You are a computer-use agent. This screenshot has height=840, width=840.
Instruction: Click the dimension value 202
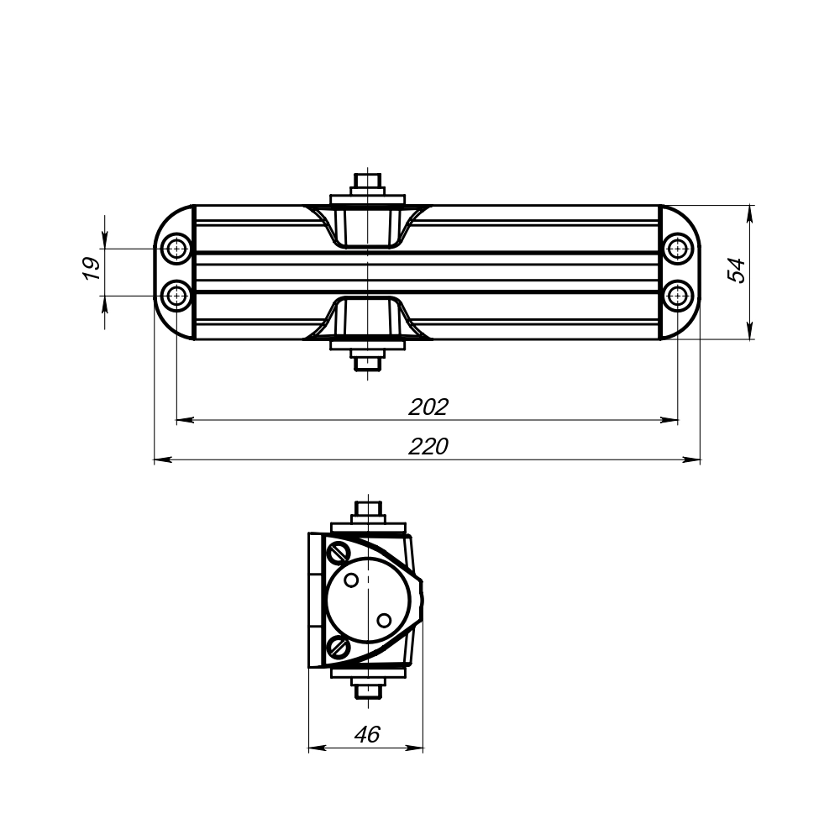[428, 407]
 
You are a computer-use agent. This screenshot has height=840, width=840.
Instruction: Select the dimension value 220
[428, 447]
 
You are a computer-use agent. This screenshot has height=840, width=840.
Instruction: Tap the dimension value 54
[736, 270]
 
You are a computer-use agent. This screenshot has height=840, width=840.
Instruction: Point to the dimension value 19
[92, 269]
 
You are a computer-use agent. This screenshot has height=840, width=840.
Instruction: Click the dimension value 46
[367, 734]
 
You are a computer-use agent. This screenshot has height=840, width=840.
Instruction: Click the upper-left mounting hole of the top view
[176, 249]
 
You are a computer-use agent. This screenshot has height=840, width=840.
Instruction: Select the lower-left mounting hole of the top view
[176, 296]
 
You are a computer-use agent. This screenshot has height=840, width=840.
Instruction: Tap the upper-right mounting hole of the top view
[677, 249]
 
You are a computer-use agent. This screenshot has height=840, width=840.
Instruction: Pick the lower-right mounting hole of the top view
[677, 296]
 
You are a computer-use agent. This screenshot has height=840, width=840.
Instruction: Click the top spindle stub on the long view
[368, 181]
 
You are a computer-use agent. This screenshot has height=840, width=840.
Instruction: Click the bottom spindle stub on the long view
[368, 363]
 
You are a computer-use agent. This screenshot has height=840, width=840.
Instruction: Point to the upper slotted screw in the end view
[340, 552]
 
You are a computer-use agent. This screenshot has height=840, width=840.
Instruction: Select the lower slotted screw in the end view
[340, 646]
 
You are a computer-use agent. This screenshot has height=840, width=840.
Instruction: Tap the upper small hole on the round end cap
[353, 579]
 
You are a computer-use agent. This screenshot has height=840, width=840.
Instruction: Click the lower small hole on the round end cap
[384, 620]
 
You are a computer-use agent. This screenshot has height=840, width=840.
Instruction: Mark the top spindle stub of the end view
[368, 509]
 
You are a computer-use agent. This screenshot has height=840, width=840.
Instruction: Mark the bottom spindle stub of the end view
[368, 690]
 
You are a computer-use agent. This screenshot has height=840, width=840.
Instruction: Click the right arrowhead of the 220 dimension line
[693, 459]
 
